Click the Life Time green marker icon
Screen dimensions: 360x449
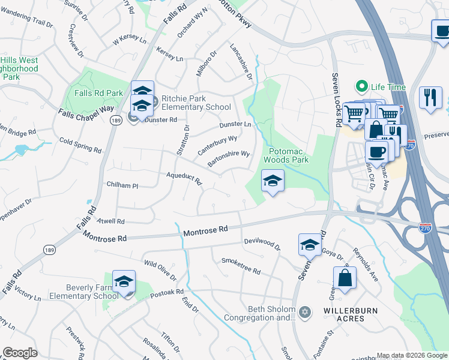(x=362, y=87)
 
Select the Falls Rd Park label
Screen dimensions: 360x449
(x=98, y=93)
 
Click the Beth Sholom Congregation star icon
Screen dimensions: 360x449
(x=305, y=312)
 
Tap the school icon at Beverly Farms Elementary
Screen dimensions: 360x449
(x=124, y=281)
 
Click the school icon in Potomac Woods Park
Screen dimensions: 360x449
(x=273, y=181)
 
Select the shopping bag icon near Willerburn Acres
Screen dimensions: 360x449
(x=345, y=278)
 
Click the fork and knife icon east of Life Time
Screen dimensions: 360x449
(x=430, y=97)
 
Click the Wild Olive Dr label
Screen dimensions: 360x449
(x=160, y=270)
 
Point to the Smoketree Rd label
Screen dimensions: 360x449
(x=241, y=266)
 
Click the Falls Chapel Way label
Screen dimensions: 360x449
(x=86, y=112)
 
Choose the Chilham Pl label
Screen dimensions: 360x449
(x=122, y=185)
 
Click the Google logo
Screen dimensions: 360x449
(x=20, y=353)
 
